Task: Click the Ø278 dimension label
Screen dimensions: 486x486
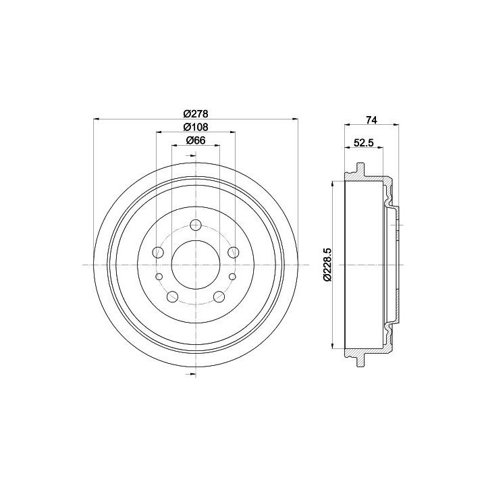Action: [196, 114]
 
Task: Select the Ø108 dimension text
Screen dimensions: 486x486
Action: [196, 127]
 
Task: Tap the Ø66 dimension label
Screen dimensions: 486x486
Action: [196, 140]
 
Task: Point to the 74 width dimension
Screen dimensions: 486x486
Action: [371, 120]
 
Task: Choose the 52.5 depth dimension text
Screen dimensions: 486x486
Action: [364, 142]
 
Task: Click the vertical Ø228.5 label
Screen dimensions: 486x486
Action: [327, 265]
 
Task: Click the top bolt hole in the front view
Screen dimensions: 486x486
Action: [196, 225]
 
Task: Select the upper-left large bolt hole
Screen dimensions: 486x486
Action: [158, 252]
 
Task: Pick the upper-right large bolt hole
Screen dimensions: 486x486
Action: [234, 252]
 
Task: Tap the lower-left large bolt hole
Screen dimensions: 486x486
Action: [172, 296]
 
